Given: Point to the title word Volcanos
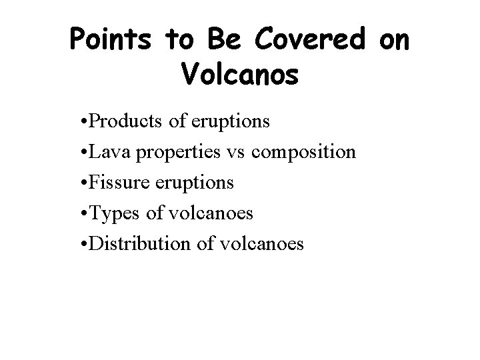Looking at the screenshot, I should (239, 75).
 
